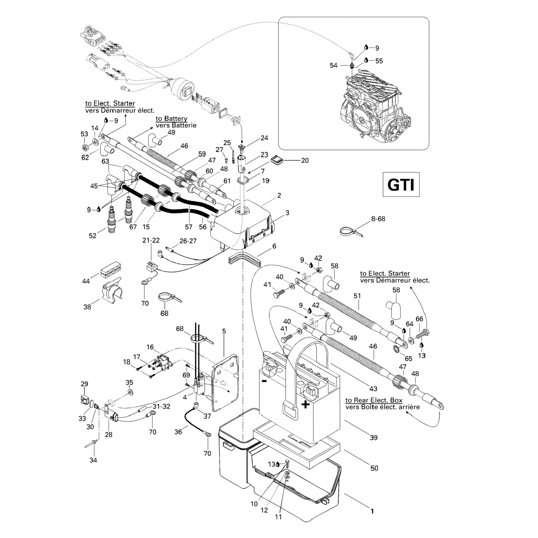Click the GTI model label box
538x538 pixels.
coord(401,185)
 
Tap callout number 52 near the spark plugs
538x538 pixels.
coord(93,235)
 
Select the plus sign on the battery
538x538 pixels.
coord(305,405)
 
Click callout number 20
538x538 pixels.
coord(305,161)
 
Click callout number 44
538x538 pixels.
coord(86,282)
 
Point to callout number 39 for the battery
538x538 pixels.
coord(374,438)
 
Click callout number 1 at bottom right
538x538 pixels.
coord(372,511)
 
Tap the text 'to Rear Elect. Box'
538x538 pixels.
coord(374,400)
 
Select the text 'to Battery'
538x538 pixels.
coord(171,119)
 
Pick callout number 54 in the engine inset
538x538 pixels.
coord(334,65)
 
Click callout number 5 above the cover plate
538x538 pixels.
coord(224,331)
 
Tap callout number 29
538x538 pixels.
coord(84,384)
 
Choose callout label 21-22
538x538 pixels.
coord(151,240)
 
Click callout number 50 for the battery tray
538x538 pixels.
coord(374,468)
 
